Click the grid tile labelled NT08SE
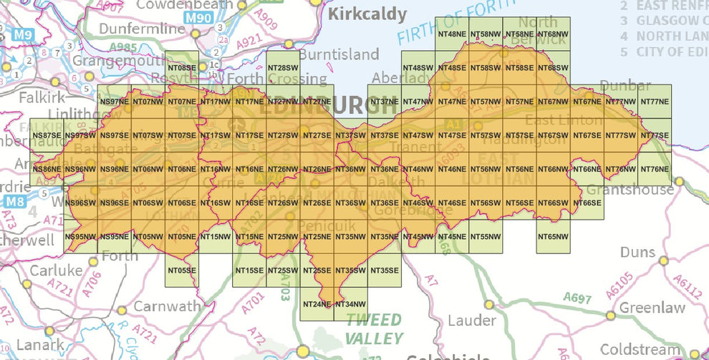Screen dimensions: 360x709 coord(182,68)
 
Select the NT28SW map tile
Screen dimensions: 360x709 coord(284,68)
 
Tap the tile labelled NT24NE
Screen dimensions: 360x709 coord(317,304)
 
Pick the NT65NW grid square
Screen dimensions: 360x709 coord(554,236)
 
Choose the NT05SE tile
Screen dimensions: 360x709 coord(182,271)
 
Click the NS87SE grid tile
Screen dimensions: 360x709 coord(47,135)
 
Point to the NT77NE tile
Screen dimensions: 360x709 coord(655,102)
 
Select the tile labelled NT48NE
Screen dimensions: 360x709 coord(453,34)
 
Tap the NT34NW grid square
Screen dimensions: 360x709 coord(350,304)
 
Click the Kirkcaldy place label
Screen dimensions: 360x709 coord(367,14)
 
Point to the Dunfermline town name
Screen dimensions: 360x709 coord(142,29)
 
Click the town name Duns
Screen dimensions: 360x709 coord(638,253)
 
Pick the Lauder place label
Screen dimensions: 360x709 coord(471,320)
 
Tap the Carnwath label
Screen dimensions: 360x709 coord(168,306)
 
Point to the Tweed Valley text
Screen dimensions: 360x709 coord(373,329)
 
